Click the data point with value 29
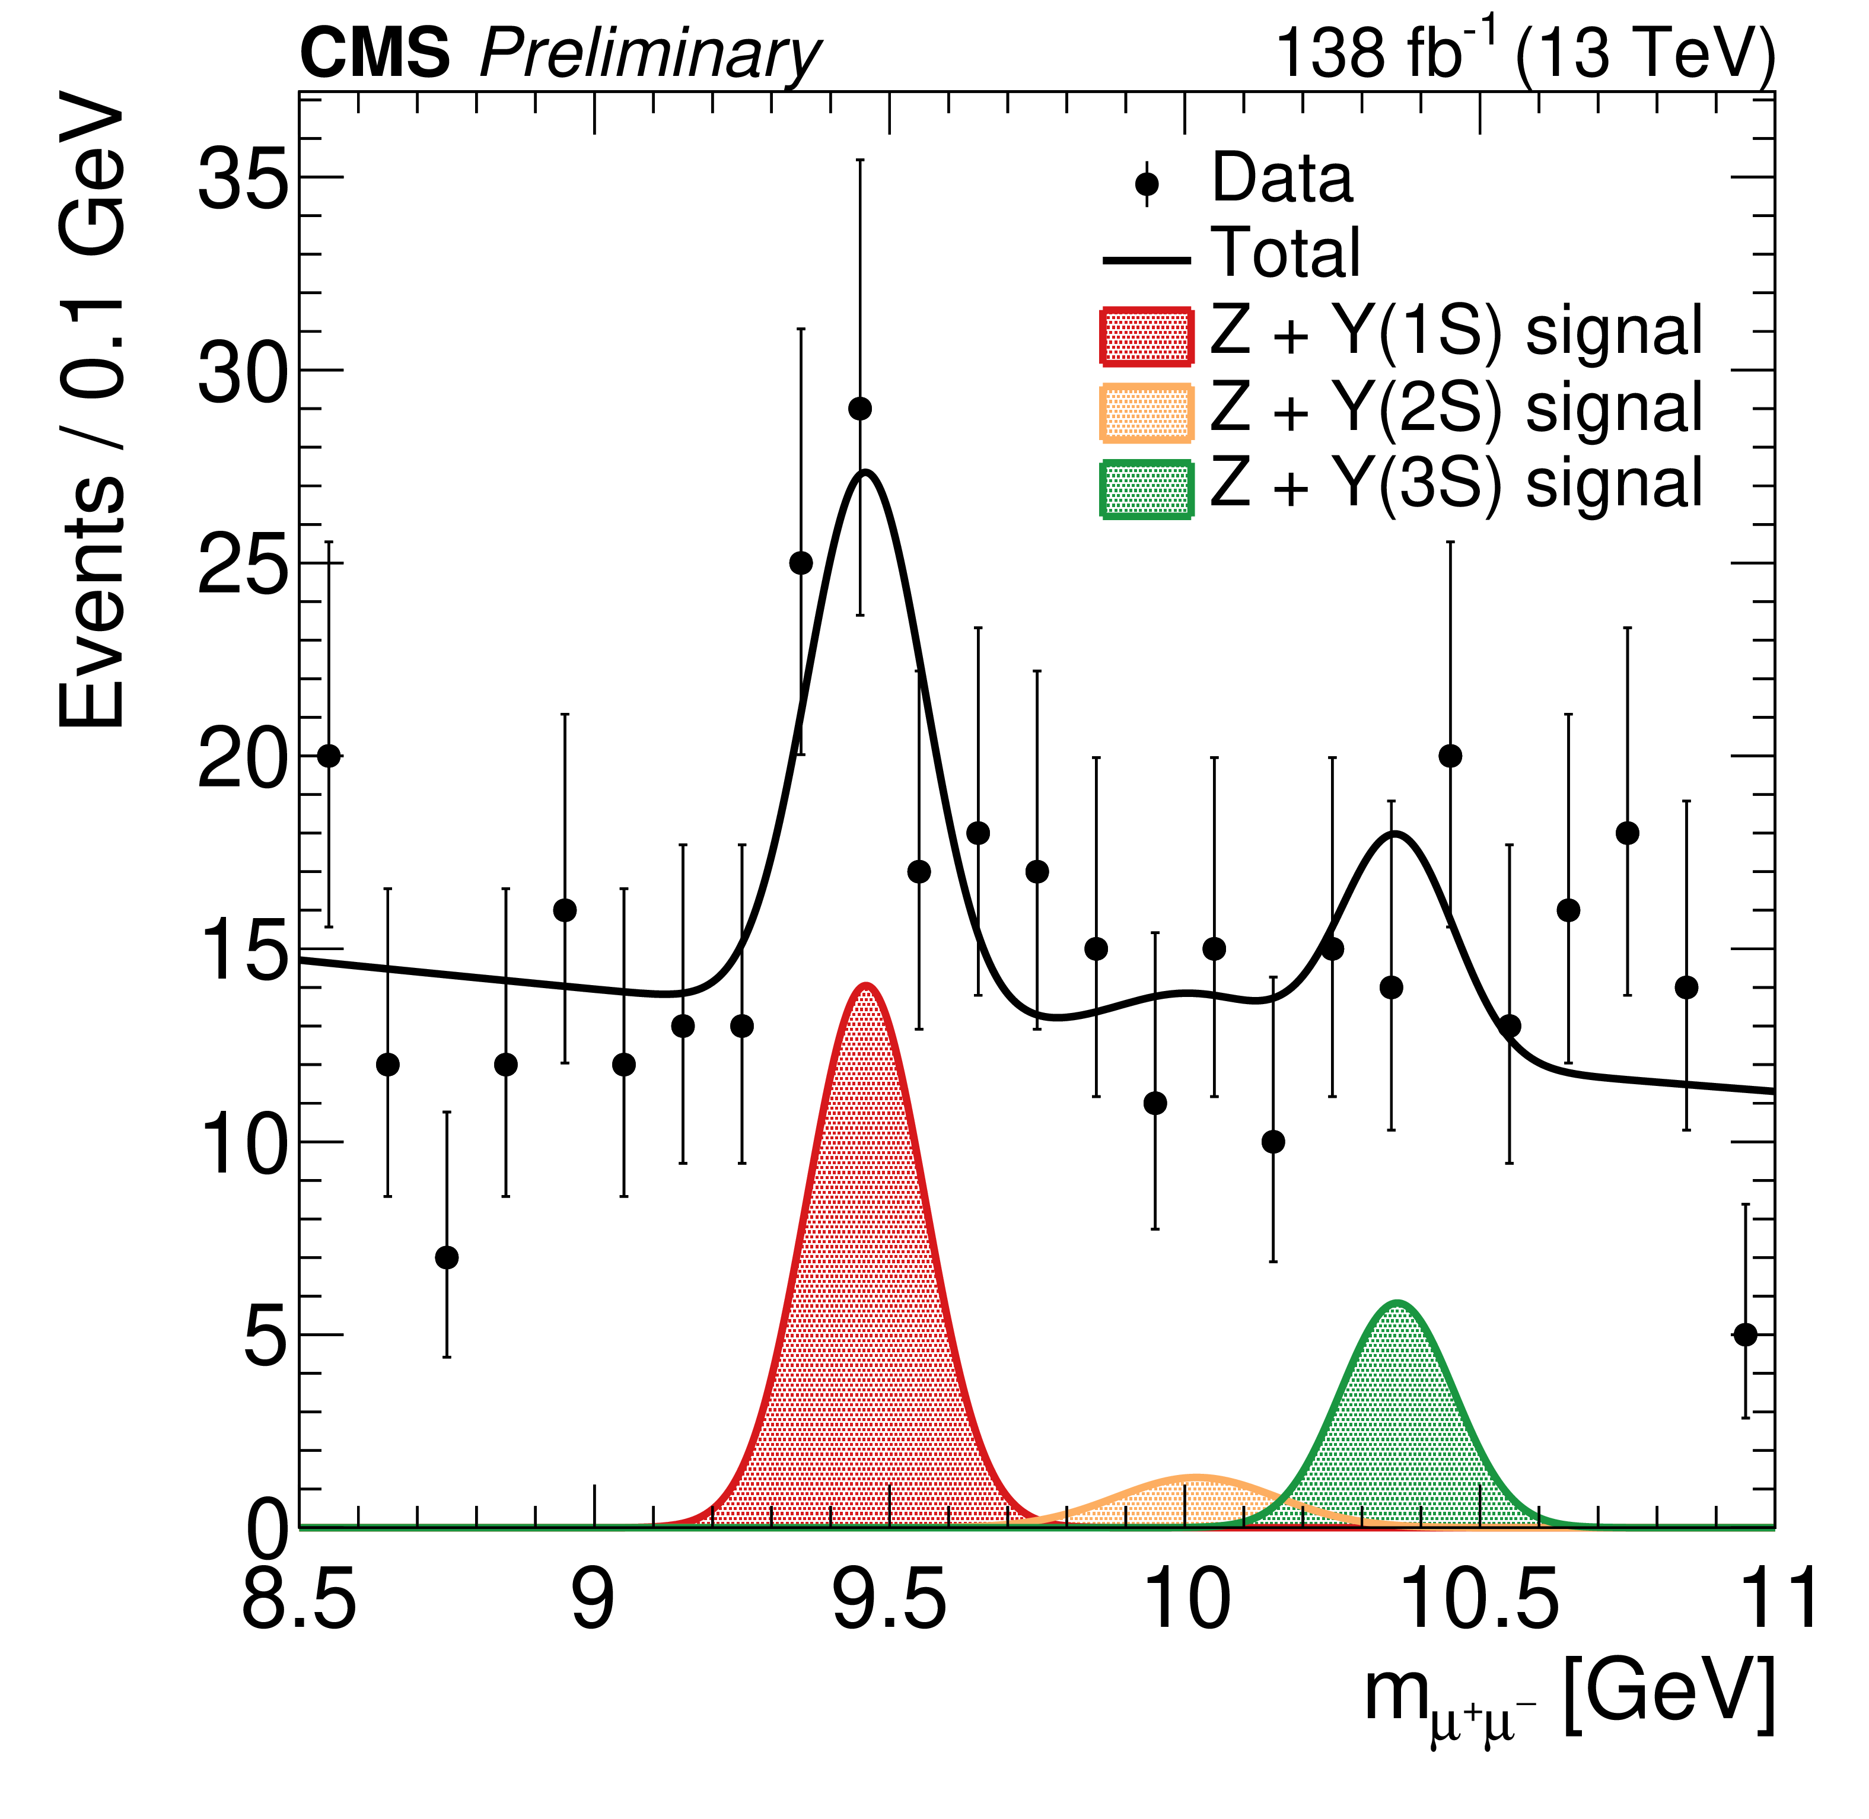(860, 409)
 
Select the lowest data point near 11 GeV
(1745, 1334)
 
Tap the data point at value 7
(446, 1257)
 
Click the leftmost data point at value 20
(329, 756)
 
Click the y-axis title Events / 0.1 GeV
(93, 411)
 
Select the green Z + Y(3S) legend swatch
(1147, 489)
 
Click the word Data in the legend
(1282, 179)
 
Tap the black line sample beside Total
(1147, 260)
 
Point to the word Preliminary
(649, 55)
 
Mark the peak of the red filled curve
(866, 985)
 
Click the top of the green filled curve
(1397, 1303)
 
